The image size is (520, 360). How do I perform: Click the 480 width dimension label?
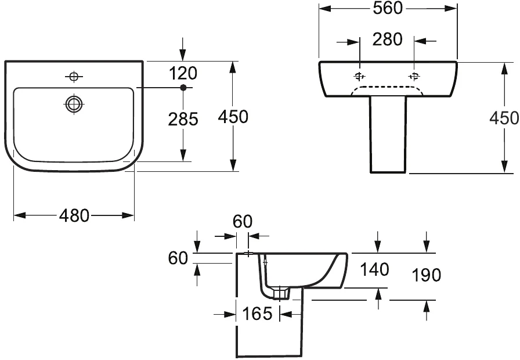pos(74,215)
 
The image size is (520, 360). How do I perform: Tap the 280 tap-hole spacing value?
pos(387,40)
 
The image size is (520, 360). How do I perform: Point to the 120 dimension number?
pos(183,74)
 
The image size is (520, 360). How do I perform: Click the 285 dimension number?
pos(183,119)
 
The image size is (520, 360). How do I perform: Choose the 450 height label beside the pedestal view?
pos(504,118)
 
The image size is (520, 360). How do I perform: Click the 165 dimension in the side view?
pos(257,314)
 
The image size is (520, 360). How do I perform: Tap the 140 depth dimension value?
pos(374,270)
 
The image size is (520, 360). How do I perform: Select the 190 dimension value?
pos(427,275)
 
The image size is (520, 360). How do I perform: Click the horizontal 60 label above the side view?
pos(243,221)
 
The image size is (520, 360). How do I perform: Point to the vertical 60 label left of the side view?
pos(178,258)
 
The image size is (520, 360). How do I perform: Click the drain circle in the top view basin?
pos(74,104)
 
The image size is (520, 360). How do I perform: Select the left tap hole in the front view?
pos(360,76)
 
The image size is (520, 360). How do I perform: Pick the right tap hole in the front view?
pos(414,76)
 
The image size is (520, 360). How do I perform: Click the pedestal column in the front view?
pos(388,136)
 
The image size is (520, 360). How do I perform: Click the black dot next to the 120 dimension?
pos(183,88)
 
